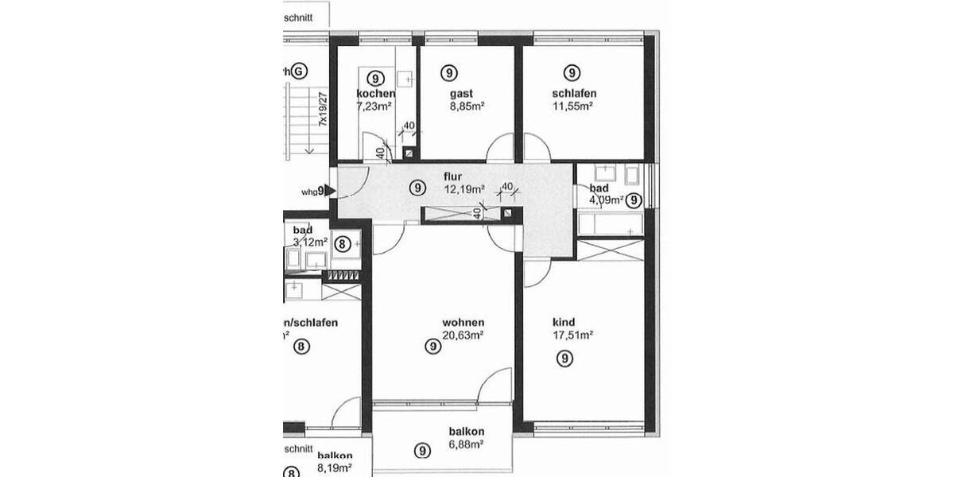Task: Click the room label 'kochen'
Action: pyautogui.click(x=375, y=94)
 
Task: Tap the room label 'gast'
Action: pyautogui.click(x=450, y=94)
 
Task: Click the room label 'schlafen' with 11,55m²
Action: pyautogui.click(x=574, y=94)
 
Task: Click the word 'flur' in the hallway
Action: pyautogui.click(x=453, y=176)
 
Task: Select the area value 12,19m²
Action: pyautogui.click(x=464, y=189)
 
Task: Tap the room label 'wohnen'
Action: pyautogui.click(x=463, y=323)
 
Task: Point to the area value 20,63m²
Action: pyautogui.click(x=463, y=335)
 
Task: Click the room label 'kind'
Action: pyautogui.click(x=564, y=323)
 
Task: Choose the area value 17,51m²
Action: pyautogui.click(x=573, y=335)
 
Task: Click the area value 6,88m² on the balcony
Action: pyautogui.click(x=466, y=444)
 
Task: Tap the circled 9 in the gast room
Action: pyautogui.click(x=450, y=73)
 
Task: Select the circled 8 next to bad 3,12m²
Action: pyautogui.click(x=342, y=244)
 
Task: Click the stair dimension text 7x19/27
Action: pyautogui.click(x=324, y=110)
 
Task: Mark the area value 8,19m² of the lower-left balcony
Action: pyautogui.click(x=335, y=467)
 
